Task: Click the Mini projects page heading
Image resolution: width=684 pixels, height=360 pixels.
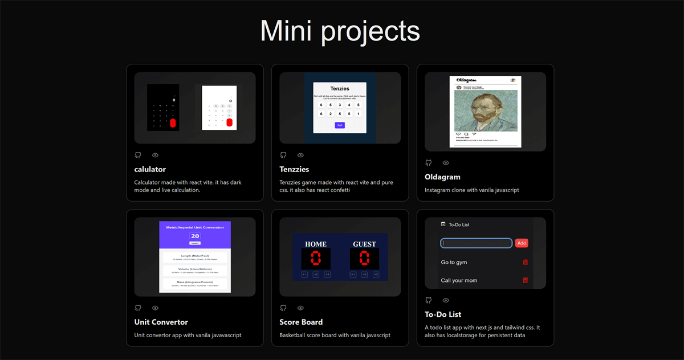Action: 340,30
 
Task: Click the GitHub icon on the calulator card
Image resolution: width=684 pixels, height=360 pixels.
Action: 138,155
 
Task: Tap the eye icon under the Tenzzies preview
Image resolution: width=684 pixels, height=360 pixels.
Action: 300,155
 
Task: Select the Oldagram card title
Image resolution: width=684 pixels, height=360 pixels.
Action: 442,177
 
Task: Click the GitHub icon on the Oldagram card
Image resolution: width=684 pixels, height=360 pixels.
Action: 429,163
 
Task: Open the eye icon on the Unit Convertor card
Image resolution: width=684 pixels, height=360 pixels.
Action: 155,308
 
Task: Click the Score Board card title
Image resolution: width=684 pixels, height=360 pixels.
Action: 301,322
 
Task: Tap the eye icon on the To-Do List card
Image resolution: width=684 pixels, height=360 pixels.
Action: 446,300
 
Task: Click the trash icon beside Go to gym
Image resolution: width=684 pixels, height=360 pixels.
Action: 525,262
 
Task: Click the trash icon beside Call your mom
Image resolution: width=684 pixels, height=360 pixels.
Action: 525,280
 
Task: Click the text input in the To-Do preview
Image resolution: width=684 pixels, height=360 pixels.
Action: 476,243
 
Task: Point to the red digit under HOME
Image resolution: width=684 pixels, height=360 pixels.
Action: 316,259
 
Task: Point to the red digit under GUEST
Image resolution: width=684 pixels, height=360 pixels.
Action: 364,259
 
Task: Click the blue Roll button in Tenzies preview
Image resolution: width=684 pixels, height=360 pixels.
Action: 340,125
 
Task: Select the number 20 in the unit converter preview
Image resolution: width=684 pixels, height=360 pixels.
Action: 195,236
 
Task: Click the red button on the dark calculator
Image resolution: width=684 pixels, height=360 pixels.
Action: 173,123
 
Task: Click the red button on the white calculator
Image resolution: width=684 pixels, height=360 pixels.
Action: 229,122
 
